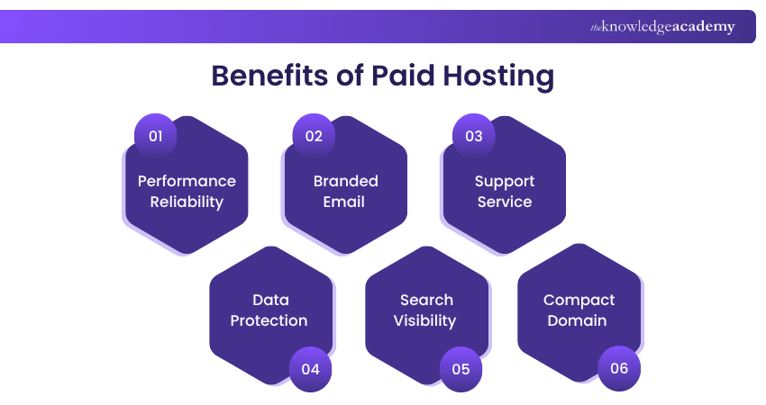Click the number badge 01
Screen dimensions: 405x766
(155, 136)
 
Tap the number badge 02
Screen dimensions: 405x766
(314, 136)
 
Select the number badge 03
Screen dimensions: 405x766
(473, 136)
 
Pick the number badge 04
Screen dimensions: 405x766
(311, 368)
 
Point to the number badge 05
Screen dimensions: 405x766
(461, 368)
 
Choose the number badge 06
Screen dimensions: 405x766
(619, 368)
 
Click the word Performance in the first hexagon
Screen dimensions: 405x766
(187, 181)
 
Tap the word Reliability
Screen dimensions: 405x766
(187, 202)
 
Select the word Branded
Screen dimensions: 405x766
(345, 181)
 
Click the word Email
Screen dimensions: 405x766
(345, 202)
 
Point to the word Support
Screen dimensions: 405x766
(505, 181)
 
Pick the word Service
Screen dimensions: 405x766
(505, 202)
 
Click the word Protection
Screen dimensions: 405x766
(269, 320)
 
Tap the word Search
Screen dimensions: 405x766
(426, 300)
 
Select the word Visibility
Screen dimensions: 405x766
(425, 320)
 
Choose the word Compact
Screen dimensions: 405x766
(579, 300)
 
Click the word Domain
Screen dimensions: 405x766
(579, 320)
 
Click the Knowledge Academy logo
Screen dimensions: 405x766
(662, 27)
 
